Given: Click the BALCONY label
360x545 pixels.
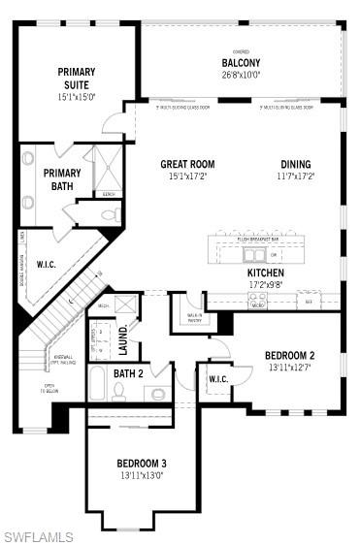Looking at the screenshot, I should point(241,63).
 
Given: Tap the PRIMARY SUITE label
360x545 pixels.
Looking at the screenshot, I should point(76,78).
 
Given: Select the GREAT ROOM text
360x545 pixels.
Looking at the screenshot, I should point(187,164).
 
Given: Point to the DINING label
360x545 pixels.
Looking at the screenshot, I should point(296,164).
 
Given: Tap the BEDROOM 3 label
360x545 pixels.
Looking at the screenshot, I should point(142,464).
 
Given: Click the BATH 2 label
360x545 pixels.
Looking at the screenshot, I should point(128,373).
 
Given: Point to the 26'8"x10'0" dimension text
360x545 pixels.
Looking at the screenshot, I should point(241,75).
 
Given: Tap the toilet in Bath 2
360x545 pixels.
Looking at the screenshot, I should point(118,392).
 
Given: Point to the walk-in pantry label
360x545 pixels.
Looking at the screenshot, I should point(194,317).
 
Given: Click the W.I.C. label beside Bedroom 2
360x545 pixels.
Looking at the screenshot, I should point(218,379).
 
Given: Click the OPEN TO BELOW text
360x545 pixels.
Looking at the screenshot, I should point(49,389).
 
